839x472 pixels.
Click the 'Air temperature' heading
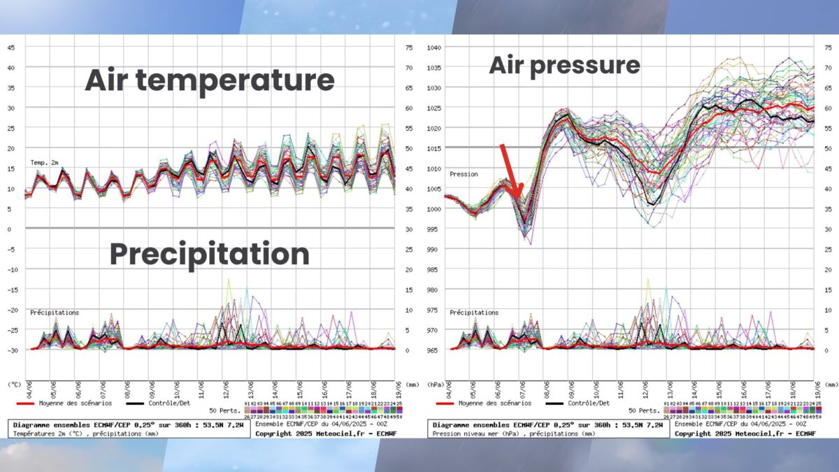[x=210, y=80]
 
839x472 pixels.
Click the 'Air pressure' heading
[x=564, y=65]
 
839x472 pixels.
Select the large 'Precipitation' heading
[x=210, y=254]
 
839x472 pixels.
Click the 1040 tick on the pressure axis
[x=434, y=48]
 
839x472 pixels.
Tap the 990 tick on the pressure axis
[x=434, y=249]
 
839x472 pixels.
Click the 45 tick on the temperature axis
[x=11, y=48]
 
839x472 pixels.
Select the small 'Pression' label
[x=464, y=174]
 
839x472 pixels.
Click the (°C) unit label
[x=14, y=385]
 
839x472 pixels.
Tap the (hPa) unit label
[x=435, y=385]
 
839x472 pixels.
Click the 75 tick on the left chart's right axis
[x=408, y=48]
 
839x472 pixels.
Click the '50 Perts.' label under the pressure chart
[x=643, y=410]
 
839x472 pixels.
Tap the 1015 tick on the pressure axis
[x=434, y=148]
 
